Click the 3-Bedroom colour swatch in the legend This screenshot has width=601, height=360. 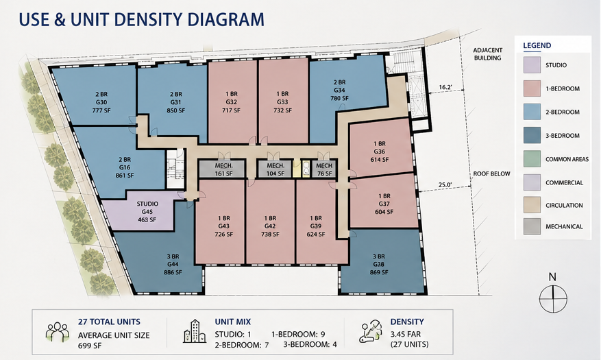[532, 135]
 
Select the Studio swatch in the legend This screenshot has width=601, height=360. [532, 64]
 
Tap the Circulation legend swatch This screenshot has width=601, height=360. [532, 205]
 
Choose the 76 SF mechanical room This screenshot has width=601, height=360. [325, 169]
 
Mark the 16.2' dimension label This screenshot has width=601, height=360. [445, 87]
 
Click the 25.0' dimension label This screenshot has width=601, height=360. [445, 184]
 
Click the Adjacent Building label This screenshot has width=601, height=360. [487, 54]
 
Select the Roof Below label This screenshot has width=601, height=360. [491, 173]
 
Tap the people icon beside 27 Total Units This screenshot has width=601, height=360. [57, 332]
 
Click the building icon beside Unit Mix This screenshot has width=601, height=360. [195, 331]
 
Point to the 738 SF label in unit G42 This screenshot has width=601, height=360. [270, 235]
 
